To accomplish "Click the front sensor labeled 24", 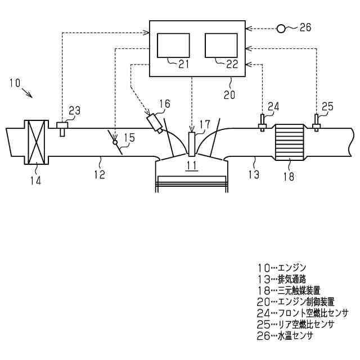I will pos(262,123).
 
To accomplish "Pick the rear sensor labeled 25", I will pos(316,123).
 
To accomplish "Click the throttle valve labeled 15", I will pos(115,141).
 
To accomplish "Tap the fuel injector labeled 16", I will pos(155,123).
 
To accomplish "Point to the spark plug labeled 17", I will pos(191,144).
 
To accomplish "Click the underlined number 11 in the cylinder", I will pos(192,165).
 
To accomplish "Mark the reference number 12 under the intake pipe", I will pos(99,174).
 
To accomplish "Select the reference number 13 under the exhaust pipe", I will pos(253,174).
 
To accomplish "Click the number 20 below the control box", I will pos(230,95).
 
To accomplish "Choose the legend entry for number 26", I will pos(283,336).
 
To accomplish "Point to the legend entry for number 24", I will pos(301,313).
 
